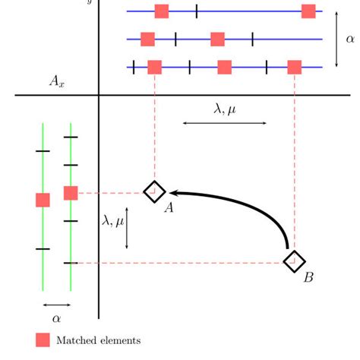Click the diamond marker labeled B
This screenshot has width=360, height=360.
point(293,262)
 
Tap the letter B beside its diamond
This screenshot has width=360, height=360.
point(308,278)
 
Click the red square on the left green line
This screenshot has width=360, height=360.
point(43,200)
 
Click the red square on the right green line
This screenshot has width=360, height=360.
point(71,193)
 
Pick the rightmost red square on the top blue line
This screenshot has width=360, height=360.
point(308,11)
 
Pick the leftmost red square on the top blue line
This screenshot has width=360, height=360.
point(162,11)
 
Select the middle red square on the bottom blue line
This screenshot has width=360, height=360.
point(224,67)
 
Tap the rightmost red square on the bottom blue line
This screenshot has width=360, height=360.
point(295,67)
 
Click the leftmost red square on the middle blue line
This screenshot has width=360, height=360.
point(147,39)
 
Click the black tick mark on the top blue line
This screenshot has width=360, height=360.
point(196,11)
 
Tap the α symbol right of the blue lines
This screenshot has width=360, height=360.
point(349,39)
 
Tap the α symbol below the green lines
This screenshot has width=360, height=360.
point(56,319)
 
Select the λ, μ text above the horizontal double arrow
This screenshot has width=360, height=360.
point(224,109)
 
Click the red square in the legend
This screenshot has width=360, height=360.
point(43,340)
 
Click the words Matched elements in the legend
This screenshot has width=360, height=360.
point(98,340)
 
